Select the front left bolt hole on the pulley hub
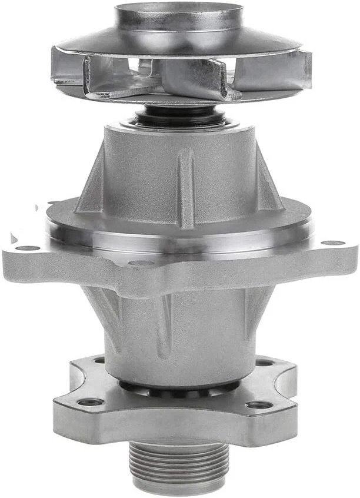pos(90,402)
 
